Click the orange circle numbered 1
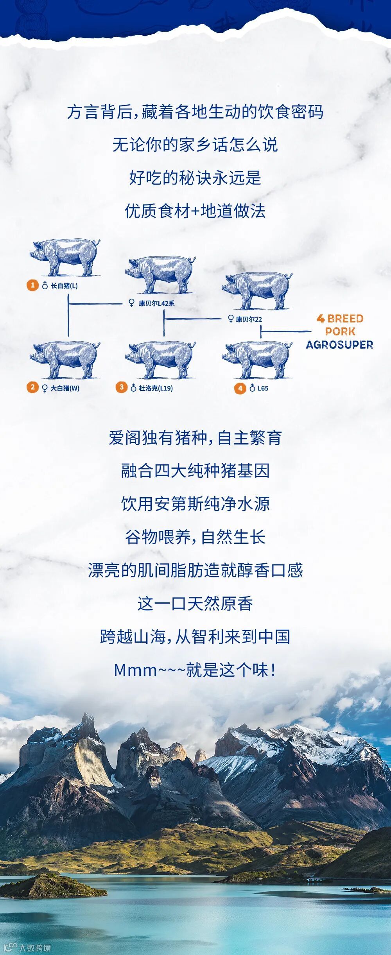tap(32, 285)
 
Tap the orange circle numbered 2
tap(32, 388)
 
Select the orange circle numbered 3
tap(121, 387)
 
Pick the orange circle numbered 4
tap(240, 388)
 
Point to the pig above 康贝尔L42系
tap(160, 274)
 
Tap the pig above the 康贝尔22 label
tap(257, 290)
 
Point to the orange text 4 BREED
tap(340, 319)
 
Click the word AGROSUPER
tap(339, 345)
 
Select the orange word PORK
tap(340, 331)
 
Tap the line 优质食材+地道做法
tap(195, 211)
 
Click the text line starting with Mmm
tap(195, 670)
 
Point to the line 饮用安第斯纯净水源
tap(195, 504)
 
